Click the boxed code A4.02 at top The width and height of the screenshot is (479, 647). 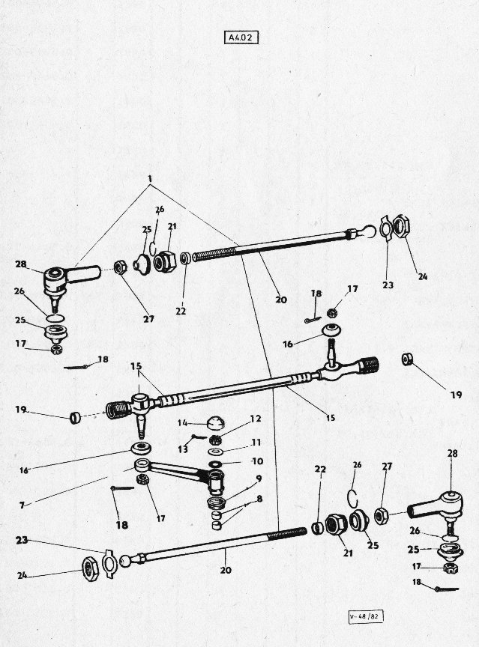click(243, 37)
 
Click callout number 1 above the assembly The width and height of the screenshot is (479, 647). click(151, 179)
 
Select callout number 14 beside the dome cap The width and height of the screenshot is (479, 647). click(183, 422)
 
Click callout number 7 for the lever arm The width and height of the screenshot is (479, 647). click(22, 505)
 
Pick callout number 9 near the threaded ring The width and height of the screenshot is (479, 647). click(259, 479)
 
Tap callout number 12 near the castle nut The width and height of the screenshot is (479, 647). click(256, 419)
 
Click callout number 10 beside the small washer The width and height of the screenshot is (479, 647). click(257, 461)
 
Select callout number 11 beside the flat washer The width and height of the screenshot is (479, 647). click(256, 443)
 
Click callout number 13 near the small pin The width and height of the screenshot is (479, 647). click(183, 449)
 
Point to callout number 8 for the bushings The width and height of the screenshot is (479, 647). click(259, 499)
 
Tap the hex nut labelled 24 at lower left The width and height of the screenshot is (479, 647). click(90, 568)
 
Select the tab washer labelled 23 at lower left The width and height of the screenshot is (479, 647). click(109, 559)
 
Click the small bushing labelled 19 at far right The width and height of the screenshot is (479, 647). click(406, 359)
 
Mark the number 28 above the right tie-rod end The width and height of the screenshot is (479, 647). click(453, 453)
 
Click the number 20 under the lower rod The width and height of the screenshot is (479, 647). click(226, 571)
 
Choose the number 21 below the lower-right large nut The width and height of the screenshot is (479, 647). click(348, 553)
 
